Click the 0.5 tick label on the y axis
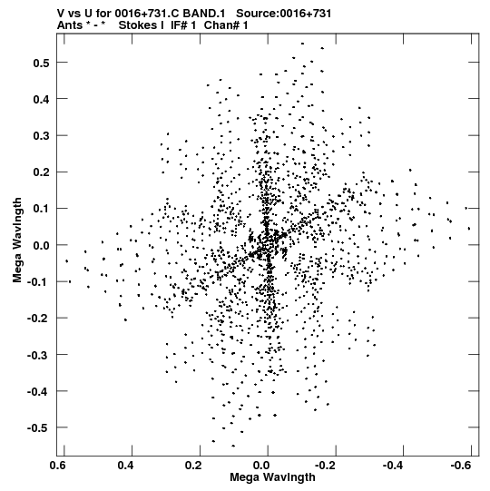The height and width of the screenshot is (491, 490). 42,63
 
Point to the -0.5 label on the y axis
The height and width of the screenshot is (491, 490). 38,427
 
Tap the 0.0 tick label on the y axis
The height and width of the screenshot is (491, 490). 42,245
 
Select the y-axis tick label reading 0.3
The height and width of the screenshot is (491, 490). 42,136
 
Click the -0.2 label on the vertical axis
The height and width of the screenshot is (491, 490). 38,319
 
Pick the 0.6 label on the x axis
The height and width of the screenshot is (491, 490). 57,466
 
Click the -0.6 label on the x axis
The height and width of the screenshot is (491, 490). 461,466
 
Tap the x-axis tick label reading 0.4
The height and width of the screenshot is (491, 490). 125,466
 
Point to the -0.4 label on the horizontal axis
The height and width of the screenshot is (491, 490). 393,466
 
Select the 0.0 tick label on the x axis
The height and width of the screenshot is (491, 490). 261,466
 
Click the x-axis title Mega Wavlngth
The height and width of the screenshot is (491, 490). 272,477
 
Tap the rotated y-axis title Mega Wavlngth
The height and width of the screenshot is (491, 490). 17,241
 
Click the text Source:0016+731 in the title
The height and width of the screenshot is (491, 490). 283,14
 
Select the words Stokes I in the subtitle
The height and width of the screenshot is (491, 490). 142,25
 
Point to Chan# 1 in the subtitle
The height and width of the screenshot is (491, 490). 226,25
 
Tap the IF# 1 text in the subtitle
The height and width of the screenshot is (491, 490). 183,25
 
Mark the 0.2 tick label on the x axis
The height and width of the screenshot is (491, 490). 193,466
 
